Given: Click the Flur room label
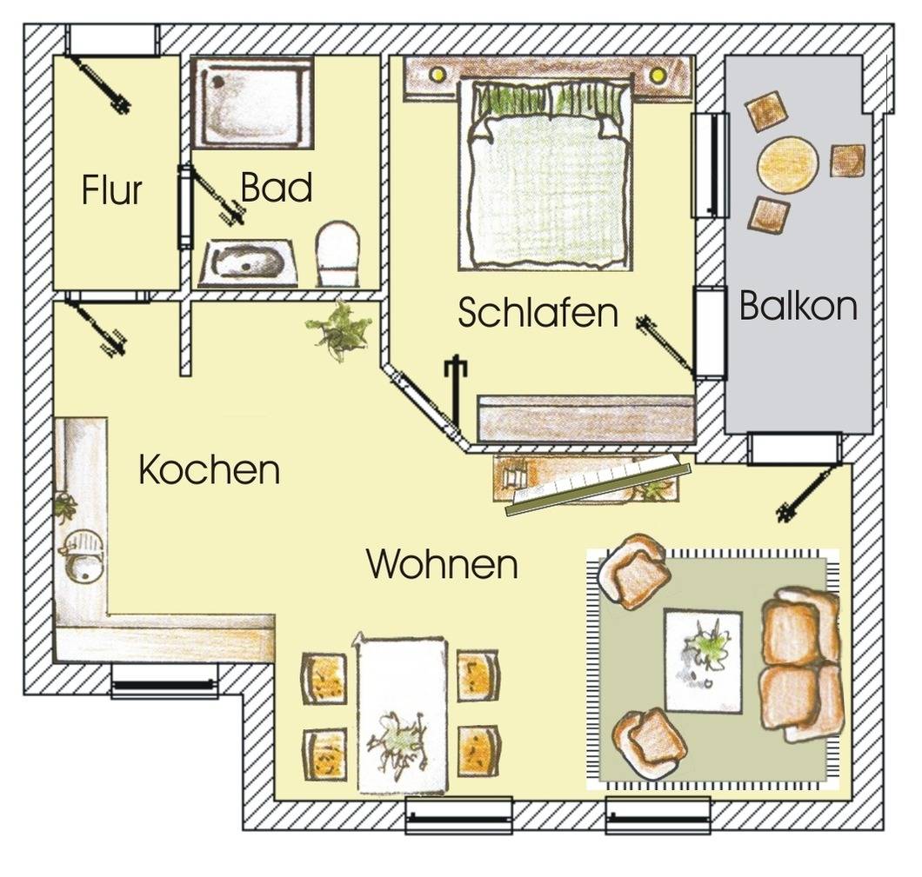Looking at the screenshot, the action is (x=111, y=189).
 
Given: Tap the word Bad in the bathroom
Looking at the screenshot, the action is (x=277, y=188).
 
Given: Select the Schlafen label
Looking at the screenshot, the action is (x=538, y=312).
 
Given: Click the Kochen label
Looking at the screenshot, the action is (x=210, y=469).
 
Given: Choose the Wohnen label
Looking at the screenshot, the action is (x=442, y=564).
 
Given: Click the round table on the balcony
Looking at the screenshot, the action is (x=788, y=163).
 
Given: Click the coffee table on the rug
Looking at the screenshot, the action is (x=703, y=661).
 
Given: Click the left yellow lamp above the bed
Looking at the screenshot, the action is (x=437, y=74).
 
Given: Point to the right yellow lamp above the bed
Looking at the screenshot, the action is (x=658, y=75).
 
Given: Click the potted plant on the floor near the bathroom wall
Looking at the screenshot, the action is (x=339, y=330).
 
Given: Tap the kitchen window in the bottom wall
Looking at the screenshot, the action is (x=164, y=681).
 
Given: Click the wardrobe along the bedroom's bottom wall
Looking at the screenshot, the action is (x=586, y=419).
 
